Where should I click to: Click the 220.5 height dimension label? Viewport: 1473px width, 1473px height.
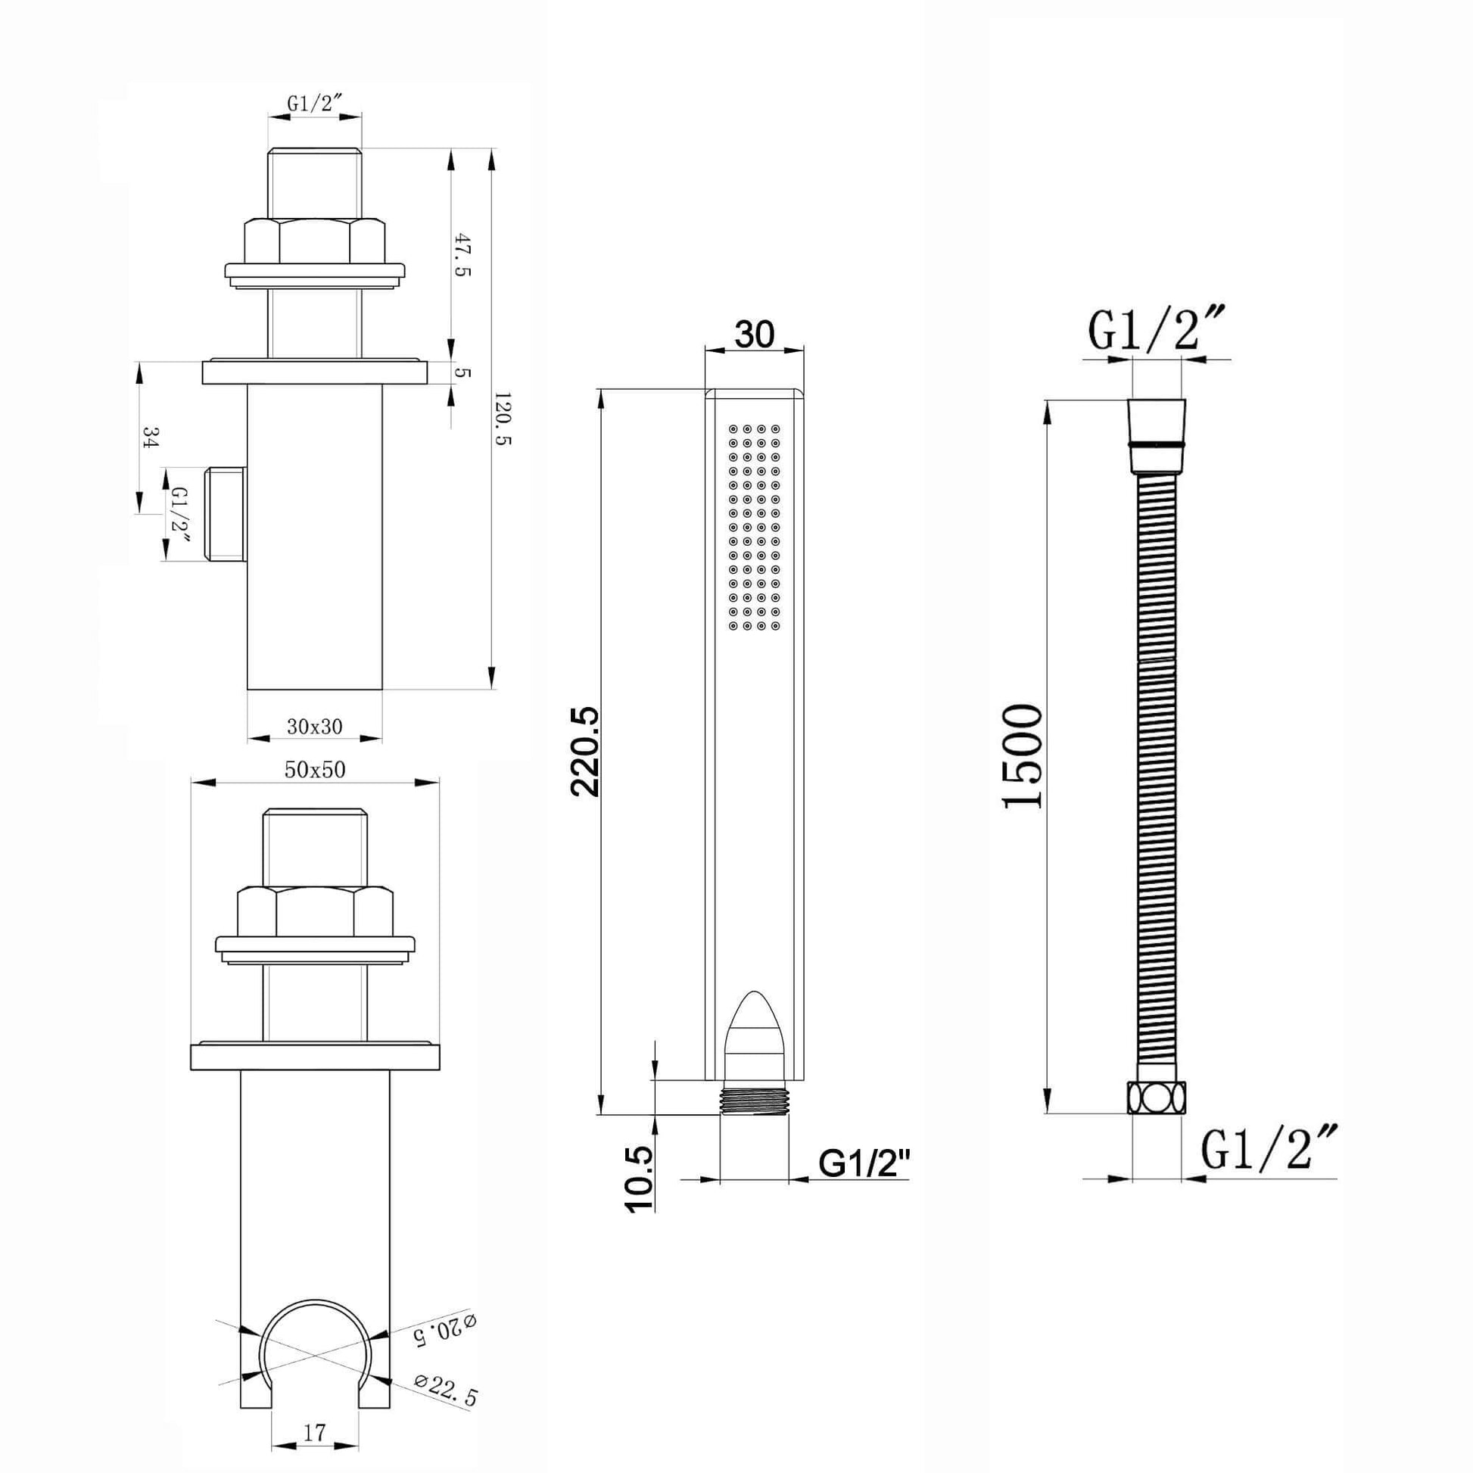(x=586, y=752)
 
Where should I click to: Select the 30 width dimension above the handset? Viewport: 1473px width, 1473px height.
(x=754, y=334)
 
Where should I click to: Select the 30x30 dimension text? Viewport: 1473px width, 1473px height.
(x=314, y=727)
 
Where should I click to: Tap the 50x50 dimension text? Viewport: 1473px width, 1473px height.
(x=315, y=770)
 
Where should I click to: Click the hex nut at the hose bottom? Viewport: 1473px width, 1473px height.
(x=1155, y=1098)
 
